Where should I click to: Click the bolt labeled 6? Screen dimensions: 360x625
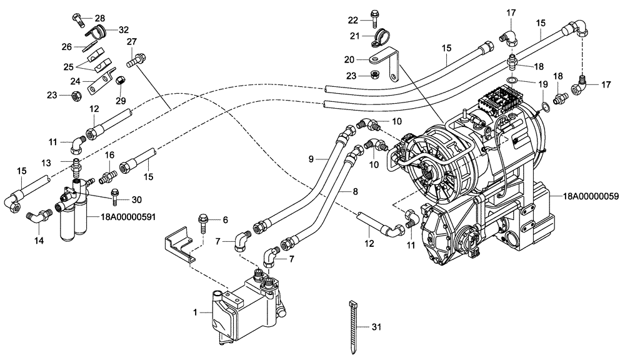click(x=204, y=220)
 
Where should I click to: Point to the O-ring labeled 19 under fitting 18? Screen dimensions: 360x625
click(x=511, y=80)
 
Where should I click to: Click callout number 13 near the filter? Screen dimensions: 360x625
click(x=46, y=162)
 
